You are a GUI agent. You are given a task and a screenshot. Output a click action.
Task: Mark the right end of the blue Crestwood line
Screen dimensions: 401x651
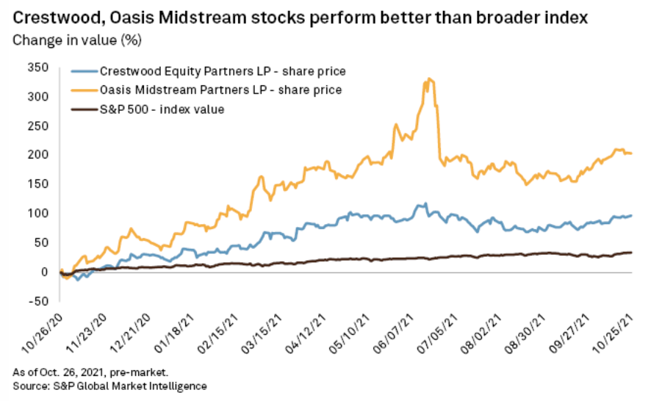(x=632, y=215)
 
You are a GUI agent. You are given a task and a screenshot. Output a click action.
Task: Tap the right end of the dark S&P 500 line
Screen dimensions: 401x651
(x=632, y=253)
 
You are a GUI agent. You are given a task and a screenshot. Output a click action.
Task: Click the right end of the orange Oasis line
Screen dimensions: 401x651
(x=632, y=153)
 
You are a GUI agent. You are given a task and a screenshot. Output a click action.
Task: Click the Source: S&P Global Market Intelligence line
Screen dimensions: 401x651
(x=109, y=386)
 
